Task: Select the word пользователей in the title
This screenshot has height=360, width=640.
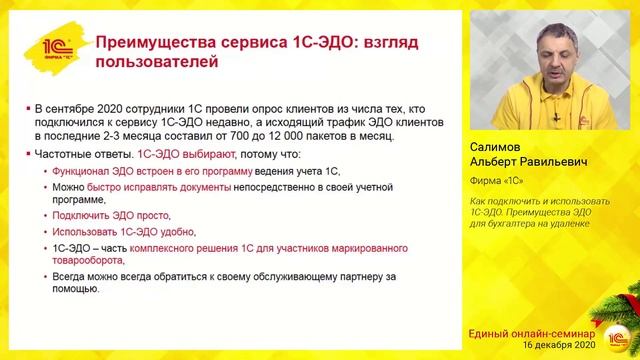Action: click(x=153, y=62)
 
